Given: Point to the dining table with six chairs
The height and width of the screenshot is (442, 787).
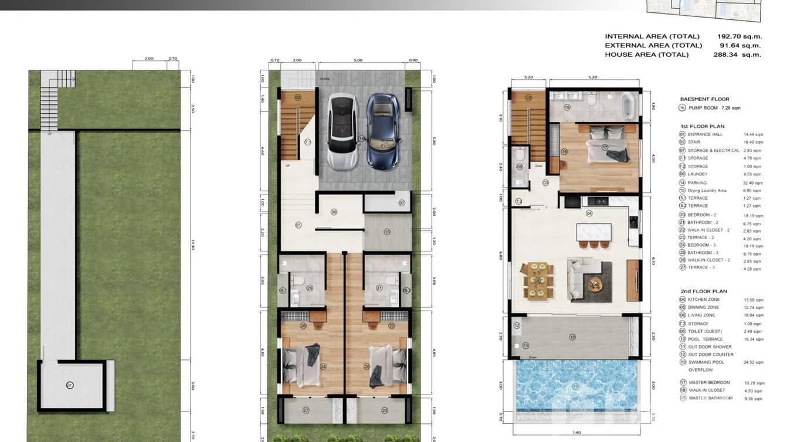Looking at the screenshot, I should (538, 281).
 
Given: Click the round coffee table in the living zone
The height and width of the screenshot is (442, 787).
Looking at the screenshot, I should (596, 284).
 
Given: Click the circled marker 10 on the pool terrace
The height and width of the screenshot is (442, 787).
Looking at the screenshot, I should (572, 336).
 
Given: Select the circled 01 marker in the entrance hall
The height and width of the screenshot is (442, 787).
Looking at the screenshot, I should (298, 225).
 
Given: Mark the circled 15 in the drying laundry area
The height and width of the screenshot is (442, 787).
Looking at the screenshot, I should (386, 232).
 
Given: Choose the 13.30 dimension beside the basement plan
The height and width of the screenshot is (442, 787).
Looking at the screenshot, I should (192, 247).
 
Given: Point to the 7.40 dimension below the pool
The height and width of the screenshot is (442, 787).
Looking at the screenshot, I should (578, 433).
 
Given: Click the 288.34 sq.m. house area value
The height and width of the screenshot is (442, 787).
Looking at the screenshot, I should (738, 55).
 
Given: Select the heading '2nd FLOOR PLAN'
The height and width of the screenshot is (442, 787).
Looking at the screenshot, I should (704, 291).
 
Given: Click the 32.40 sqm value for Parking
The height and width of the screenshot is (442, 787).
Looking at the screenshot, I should (755, 183).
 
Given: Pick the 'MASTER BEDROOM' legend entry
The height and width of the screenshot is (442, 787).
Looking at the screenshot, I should (709, 382).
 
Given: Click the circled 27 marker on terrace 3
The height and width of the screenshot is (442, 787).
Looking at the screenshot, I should (306, 410).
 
